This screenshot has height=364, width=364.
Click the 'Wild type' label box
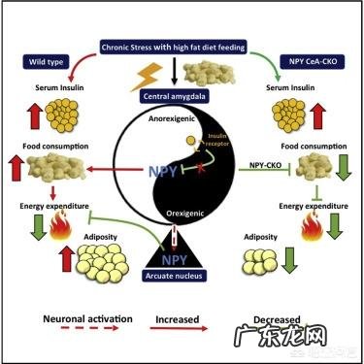(42, 63)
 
